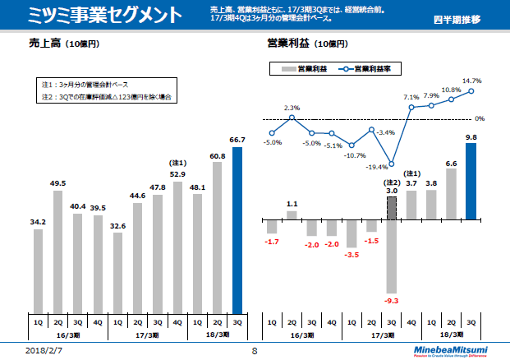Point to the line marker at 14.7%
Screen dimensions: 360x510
click(x=471, y=90)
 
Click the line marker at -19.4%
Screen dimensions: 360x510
click(x=392, y=163)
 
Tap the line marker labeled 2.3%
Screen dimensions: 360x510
click(x=292, y=118)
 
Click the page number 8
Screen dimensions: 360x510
click(x=255, y=350)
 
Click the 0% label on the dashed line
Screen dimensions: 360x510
click(x=480, y=118)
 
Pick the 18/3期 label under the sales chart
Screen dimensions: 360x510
click(x=217, y=335)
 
